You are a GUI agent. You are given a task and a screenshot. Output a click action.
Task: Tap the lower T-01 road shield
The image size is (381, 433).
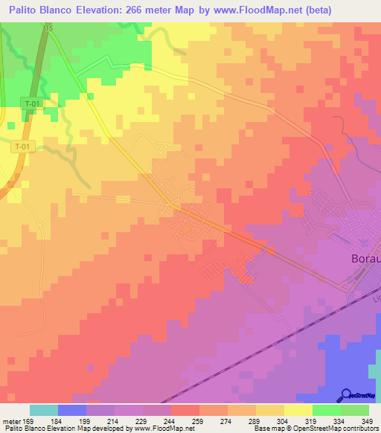23,147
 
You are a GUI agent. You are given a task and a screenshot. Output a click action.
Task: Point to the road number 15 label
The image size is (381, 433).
49,28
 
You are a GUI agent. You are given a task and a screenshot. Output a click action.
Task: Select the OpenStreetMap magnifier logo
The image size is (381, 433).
345,394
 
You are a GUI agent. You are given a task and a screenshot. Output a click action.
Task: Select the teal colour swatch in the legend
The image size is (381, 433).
43,410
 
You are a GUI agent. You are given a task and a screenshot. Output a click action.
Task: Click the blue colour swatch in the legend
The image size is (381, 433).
71,410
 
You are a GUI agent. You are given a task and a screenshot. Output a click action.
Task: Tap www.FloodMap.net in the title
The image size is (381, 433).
247,10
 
